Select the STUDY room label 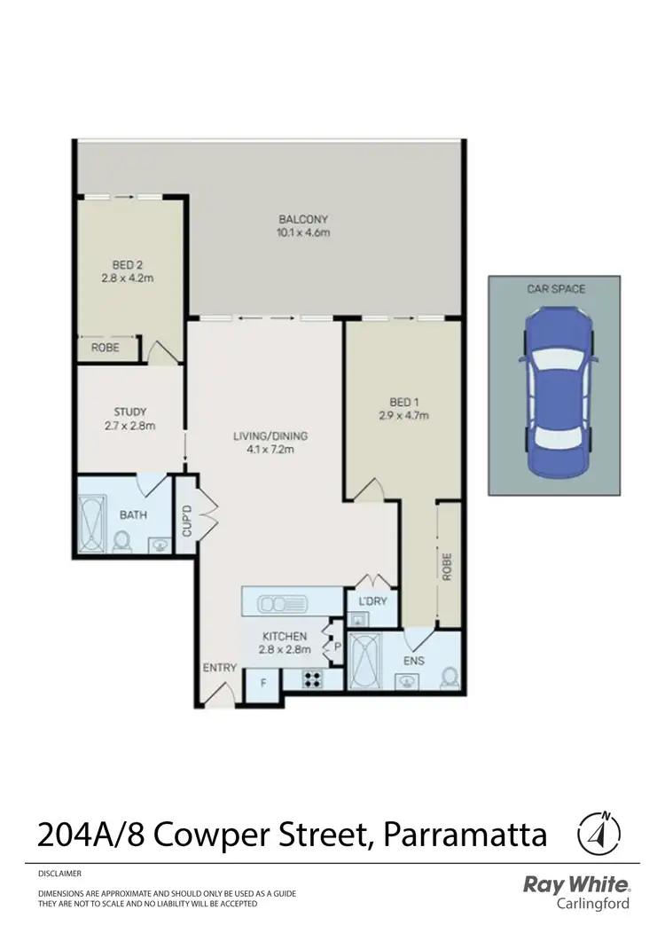pyautogui.click(x=129, y=412)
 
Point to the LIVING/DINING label pyautogui.click(x=270, y=435)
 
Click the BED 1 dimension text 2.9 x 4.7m pyautogui.click(x=404, y=414)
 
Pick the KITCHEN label pyautogui.click(x=284, y=636)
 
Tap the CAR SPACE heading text pyautogui.click(x=555, y=289)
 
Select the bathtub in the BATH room pyautogui.click(x=93, y=527)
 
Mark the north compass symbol pyautogui.click(x=598, y=833)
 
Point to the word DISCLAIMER pyautogui.click(x=59, y=874)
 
